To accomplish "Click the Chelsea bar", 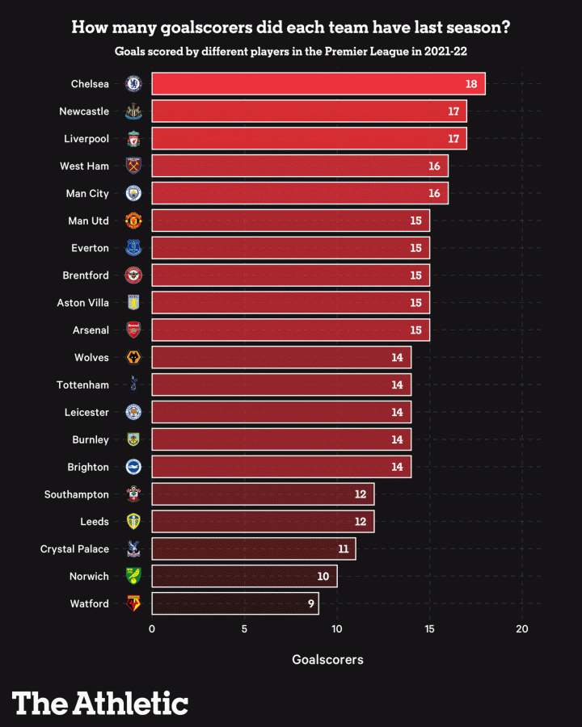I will coord(318,83).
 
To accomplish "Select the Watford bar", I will coord(234,603).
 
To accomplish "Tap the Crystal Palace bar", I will coord(253,549).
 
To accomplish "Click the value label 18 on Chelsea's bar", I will coord(471,84).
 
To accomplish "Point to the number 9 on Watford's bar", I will coord(310,604).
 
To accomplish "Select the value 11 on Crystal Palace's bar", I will coord(343,549).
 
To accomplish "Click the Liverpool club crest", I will coord(133,138).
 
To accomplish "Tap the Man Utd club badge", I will coord(133,221).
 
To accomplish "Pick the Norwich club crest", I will coord(133,576).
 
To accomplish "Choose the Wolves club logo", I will coord(133,357).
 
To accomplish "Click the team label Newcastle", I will coord(84,111).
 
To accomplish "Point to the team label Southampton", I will coord(76,494).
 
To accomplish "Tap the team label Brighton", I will coord(88,467).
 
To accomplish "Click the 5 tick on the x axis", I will coord(244,628).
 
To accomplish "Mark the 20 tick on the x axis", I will coord(522,628).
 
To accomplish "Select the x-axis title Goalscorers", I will coord(327,660).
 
